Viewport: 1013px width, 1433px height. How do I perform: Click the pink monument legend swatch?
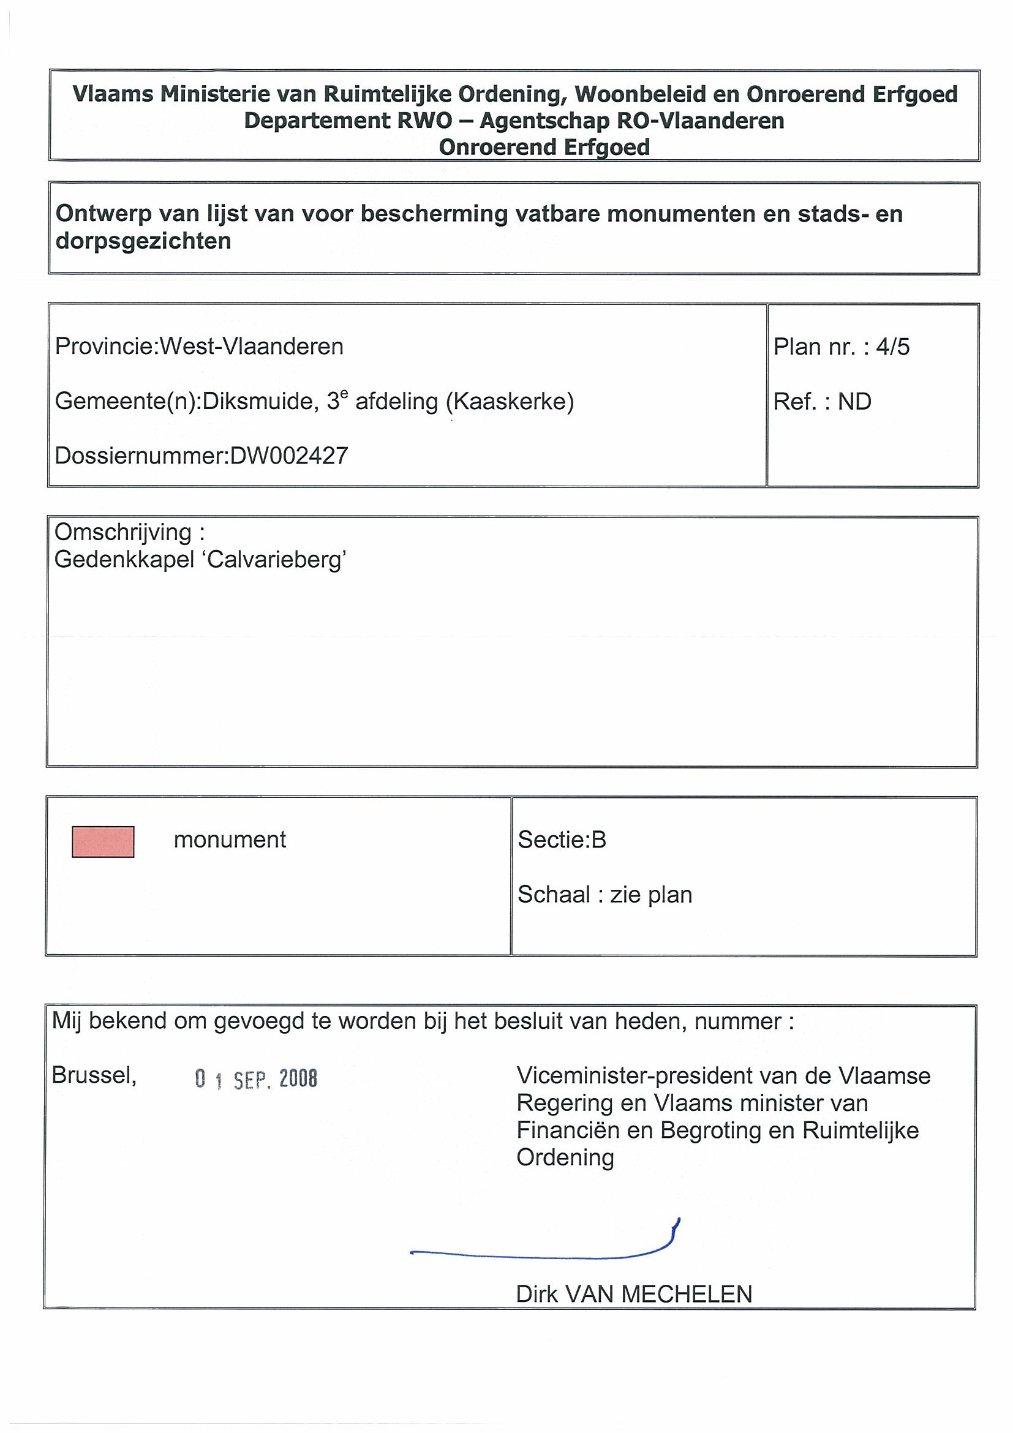[x=103, y=842]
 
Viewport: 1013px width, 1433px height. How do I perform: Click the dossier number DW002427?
[x=289, y=456]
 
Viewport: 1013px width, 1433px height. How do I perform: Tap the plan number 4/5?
[x=892, y=347]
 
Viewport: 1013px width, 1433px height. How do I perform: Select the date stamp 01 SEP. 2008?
[x=256, y=1079]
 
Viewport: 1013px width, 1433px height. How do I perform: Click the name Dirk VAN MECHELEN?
[x=633, y=1295]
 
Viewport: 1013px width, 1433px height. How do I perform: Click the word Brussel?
[x=94, y=1075]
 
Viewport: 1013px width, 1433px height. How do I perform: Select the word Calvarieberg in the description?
[x=275, y=559]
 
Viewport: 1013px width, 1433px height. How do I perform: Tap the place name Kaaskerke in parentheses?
[x=510, y=401]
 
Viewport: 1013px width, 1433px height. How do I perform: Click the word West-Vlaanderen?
[x=252, y=347]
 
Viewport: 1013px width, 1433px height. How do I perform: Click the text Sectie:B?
[x=562, y=840]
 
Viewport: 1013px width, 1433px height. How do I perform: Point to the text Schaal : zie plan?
[x=605, y=895]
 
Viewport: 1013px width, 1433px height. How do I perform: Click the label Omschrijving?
[x=124, y=532]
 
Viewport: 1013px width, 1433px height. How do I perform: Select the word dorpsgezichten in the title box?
[x=143, y=241]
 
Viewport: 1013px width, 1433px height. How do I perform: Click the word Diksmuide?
[x=260, y=401]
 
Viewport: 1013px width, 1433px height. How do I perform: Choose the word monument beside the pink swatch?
[x=230, y=840]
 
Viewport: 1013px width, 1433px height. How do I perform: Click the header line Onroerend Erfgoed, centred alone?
[x=544, y=148]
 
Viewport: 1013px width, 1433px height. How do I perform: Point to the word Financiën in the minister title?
[x=568, y=1130]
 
